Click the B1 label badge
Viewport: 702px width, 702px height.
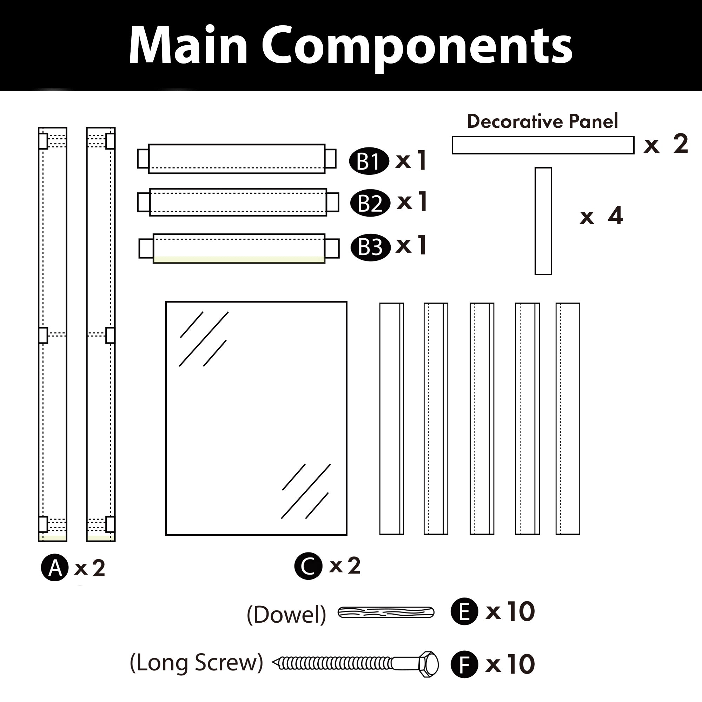click(369, 161)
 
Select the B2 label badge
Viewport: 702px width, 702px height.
click(370, 203)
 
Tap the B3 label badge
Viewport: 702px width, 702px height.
click(370, 247)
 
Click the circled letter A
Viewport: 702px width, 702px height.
click(54, 568)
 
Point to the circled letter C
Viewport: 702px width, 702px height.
click(308, 566)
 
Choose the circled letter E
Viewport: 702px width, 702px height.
click(464, 611)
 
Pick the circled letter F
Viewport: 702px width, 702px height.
click(464, 664)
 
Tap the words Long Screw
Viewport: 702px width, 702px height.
click(196, 662)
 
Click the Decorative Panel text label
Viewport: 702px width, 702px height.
click(542, 121)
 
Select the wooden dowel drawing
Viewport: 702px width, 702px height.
click(386, 612)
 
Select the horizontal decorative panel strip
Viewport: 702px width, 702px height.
click(543, 145)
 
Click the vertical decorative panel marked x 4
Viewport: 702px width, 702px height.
click(543, 221)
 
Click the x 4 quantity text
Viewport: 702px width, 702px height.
click(601, 216)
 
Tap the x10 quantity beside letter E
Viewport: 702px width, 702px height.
click(510, 611)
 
